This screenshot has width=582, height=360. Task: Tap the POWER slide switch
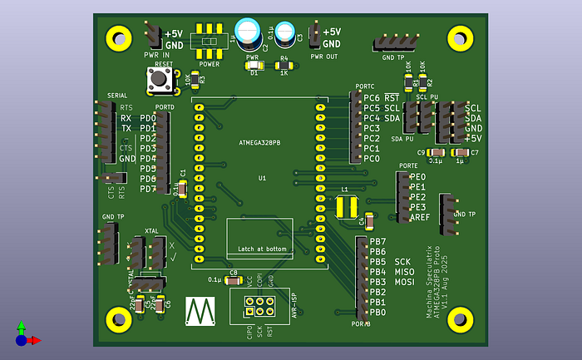(210, 41)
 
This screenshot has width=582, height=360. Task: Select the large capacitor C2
(249, 32)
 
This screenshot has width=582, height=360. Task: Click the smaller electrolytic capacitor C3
(285, 32)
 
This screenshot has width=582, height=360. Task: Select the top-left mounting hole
(119, 37)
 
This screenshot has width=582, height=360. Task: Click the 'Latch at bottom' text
(262, 249)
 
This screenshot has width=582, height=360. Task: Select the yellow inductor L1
(346, 207)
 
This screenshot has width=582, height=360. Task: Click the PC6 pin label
(371, 98)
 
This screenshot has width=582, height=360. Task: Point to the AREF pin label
(420, 217)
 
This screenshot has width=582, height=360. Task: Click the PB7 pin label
(377, 241)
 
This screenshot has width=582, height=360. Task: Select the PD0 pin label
(147, 118)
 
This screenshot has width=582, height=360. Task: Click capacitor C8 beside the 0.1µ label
(234, 280)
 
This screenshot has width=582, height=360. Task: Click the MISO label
(405, 272)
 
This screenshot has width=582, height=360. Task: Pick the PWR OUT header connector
(314, 37)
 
